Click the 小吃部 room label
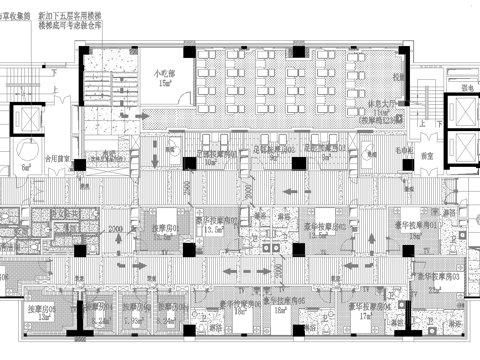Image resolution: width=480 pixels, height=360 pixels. [x=163, y=74]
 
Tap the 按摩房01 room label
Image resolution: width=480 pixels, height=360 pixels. [x=164, y=228]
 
